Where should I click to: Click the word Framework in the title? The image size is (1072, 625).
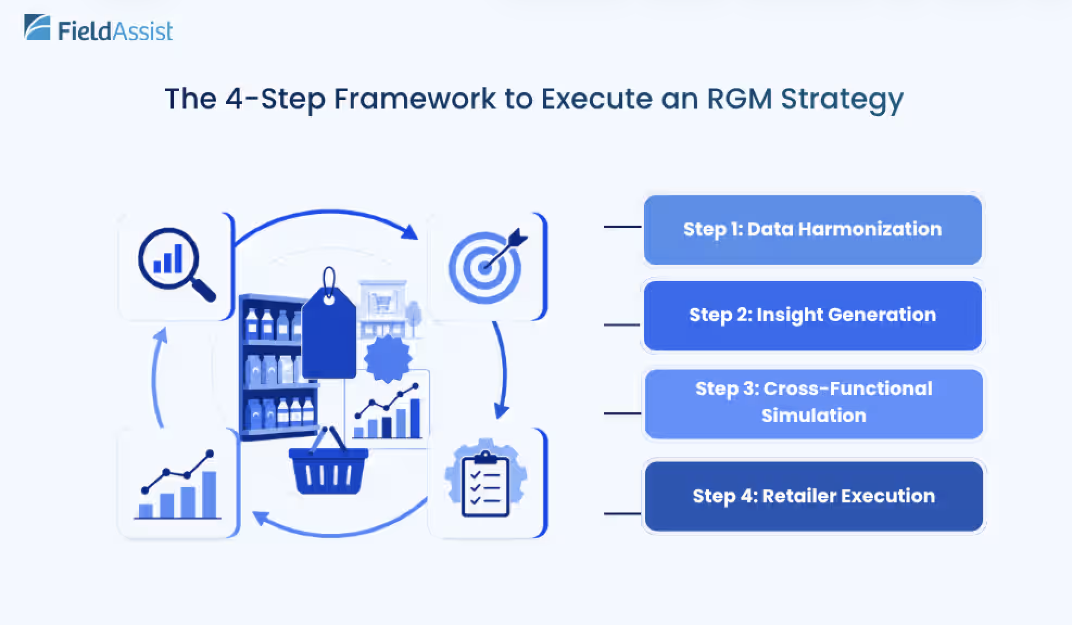pos(414,99)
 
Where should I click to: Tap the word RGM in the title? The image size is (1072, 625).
pos(739,99)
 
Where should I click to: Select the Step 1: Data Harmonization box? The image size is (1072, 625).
pos(812,229)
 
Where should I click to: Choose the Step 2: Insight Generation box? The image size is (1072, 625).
pos(812,315)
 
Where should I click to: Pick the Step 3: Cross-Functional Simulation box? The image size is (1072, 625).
pos(814,404)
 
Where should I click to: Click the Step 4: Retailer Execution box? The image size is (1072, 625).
pos(814,496)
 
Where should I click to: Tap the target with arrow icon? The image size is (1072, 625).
pos(487,265)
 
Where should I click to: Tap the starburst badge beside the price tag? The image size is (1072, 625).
pos(387,359)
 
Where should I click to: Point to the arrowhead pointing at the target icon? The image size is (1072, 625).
pos(409,232)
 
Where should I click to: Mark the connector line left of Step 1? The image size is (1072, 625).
pos(622,226)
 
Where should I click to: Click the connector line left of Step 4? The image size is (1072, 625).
pos(622,513)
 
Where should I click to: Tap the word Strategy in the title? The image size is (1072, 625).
pos(842,100)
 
